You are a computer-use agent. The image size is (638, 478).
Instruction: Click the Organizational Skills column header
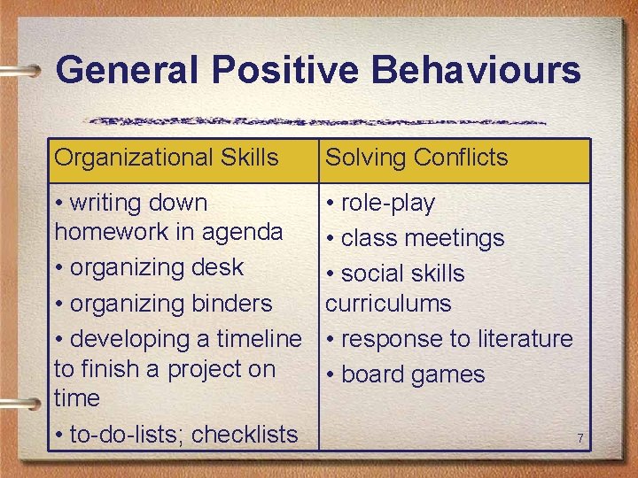click(x=167, y=158)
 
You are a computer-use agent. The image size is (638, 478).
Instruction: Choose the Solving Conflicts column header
click(x=416, y=158)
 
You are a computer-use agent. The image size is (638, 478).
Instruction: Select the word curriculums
click(x=388, y=303)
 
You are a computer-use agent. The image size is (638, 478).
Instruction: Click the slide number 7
click(x=580, y=439)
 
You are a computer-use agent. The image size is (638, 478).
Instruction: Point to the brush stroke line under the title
click(x=319, y=120)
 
